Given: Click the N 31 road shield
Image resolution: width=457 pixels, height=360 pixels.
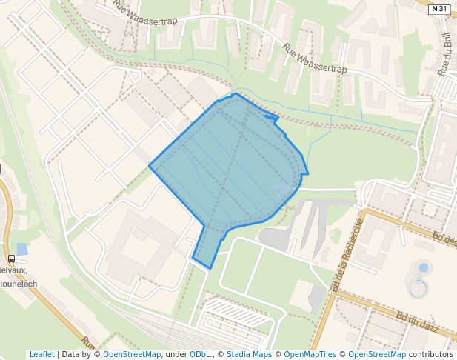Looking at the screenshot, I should [439, 9].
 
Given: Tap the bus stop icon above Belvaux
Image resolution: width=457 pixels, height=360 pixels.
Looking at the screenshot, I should [11, 259].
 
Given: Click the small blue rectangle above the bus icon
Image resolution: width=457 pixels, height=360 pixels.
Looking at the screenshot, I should [21, 249].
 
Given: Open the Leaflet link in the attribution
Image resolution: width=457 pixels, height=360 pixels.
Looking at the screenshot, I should [41, 354].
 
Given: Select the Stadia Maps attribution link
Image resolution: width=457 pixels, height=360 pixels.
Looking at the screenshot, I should [249, 354].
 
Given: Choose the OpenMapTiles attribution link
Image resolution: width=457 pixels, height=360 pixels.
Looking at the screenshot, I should [310, 354].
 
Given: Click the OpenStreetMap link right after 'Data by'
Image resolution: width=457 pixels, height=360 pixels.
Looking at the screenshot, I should [132, 354].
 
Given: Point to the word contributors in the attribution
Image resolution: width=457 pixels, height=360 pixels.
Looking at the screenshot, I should [431, 354].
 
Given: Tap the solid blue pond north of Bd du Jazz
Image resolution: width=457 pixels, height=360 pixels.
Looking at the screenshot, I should [424, 267].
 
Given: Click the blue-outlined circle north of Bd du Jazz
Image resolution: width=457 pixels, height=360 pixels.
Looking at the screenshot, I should [419, 288].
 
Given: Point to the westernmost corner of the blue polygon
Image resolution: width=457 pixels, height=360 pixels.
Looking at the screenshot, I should [150, 166].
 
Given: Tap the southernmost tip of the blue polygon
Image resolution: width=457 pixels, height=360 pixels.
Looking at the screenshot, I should [211, 267].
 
